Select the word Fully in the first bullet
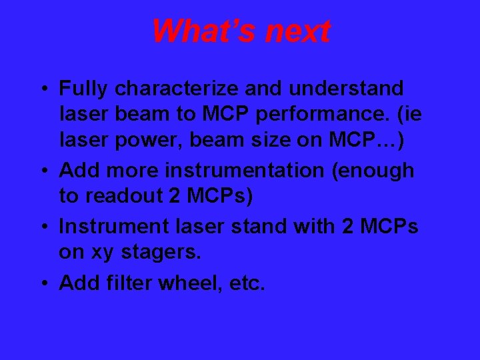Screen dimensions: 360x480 (84, 89)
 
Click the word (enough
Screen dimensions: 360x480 (375, 171)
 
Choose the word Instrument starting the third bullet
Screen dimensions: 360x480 (110, 227)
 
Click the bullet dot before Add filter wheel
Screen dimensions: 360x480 (44, 283)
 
